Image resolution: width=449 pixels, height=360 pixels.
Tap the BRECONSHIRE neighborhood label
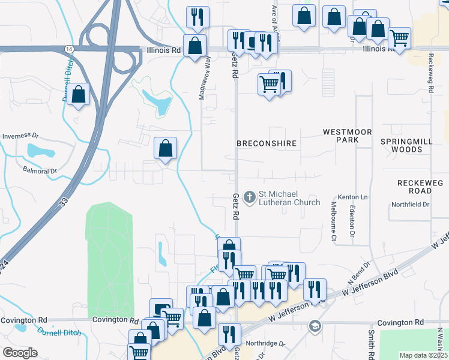(267, 144)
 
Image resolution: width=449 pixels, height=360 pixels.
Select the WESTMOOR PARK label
(348, 136)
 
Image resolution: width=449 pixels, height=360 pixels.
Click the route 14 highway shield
(70, 48)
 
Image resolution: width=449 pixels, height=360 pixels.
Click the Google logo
(20, 352)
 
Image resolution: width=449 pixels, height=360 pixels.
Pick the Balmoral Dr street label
(40, 171)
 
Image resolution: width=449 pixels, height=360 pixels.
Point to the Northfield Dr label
(411, 205)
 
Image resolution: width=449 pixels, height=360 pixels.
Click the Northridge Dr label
(267, 344)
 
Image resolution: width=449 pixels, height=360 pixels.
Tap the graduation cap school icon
(313, 326)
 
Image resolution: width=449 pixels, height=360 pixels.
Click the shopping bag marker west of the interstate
(78, 94)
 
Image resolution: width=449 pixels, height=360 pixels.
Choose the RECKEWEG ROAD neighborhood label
(415, 186)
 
